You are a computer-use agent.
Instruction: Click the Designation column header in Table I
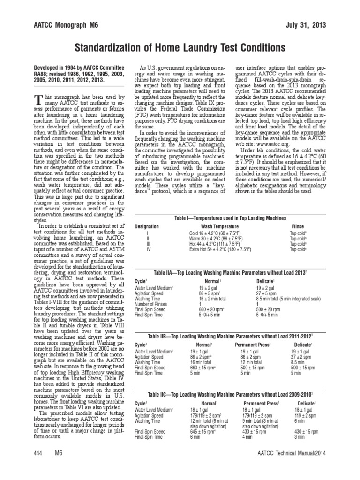pos(146,226)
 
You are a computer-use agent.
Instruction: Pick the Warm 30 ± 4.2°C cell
pos(217,239)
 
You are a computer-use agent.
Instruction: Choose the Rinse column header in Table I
pos(298,226)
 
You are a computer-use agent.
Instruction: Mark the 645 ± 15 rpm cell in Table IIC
pos(204,431)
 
